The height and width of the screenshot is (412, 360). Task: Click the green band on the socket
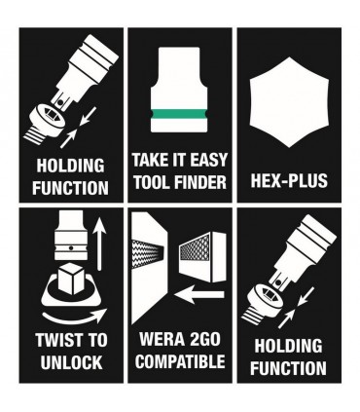pyautogui.click(x=179, y=113)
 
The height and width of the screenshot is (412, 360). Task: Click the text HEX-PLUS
pyautogui.click(x=288, y=180)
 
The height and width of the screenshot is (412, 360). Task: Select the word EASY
pyautogui.click(x=205, y=159)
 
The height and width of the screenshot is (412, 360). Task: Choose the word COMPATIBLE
pyautogui.click(x=179, y=362)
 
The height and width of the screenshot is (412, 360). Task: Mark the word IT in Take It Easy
pyautogui.click(x=176, y=159)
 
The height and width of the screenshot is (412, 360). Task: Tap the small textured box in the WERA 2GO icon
pyautogui.click(x=202, y=247)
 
